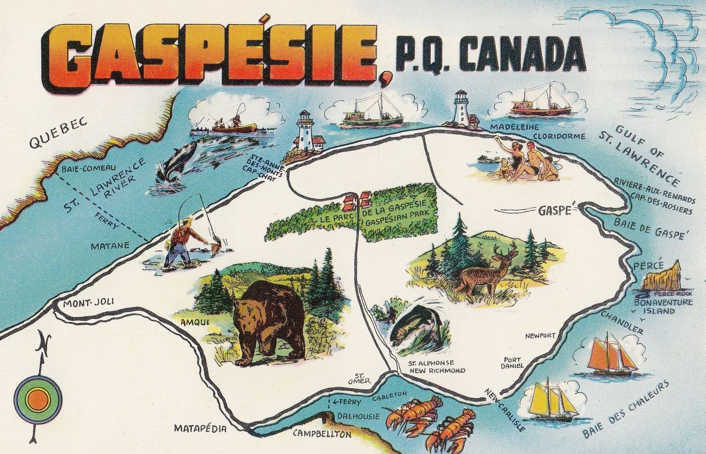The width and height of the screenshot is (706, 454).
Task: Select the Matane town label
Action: tap(110, 245)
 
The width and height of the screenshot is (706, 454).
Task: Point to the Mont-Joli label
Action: tap(88, 303)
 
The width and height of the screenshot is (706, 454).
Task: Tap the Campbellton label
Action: tap(321, 434)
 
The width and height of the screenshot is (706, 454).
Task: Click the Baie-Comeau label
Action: tap(89, 168)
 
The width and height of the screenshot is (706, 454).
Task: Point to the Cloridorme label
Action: tap(559, 136)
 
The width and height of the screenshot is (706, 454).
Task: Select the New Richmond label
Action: tap(437, 370)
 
